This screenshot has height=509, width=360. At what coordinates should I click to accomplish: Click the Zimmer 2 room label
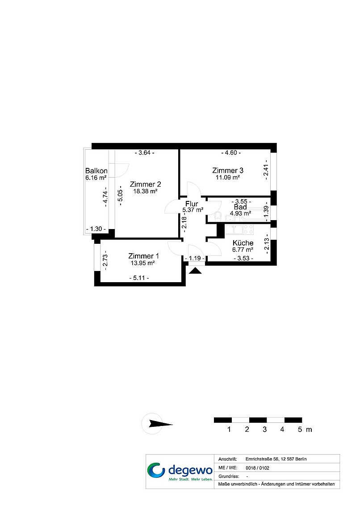tap(146, 184)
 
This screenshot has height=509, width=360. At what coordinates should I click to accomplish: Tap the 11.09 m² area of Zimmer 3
tap(228, 177)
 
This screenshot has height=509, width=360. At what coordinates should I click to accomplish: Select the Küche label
tap(243, 243)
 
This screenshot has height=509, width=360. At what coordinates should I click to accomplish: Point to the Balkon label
tap(96, 171)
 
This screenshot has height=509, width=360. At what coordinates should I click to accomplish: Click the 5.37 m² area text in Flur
tap(193, 210)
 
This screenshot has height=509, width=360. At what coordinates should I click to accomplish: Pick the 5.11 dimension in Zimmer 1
tap(139, 278)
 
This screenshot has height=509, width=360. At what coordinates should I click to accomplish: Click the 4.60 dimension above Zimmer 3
tap(231, 153)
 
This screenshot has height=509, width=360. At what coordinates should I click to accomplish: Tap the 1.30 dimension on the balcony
tap(96, 229)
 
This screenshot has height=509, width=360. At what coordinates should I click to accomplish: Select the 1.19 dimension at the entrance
tap(195, 259)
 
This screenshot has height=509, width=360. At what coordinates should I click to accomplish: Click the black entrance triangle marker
tap(195, 271)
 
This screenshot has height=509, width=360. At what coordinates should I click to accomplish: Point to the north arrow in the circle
tap(161, 424)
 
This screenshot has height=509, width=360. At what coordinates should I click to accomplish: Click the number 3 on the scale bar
tap(264, 430)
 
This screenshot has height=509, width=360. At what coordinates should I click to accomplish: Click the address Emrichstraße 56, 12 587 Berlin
tap(276, 459)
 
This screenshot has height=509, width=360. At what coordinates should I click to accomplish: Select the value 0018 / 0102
tap(257, 468)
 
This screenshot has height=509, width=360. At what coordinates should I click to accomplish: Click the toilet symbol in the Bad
tap(218, 216)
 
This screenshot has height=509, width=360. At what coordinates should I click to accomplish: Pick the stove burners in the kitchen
tap(249, 229)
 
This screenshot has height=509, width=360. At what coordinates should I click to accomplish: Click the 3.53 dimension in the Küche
tap(243, 259)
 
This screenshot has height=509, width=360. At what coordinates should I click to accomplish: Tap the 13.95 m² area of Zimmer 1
tap(143, 263)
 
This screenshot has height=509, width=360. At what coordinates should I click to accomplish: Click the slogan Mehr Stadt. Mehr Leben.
tap(191, 479)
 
